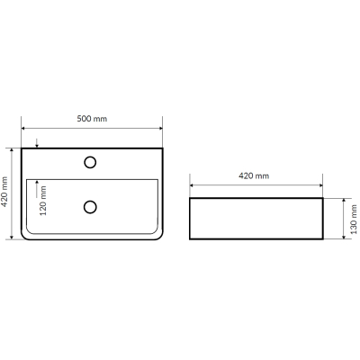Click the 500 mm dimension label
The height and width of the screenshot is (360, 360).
(92, 119)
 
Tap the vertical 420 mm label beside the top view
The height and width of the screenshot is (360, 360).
(4, 193)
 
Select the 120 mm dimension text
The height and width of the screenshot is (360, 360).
(43, 201)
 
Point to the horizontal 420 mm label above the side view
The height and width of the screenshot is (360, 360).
(254, 175)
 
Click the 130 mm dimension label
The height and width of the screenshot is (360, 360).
(354, 219)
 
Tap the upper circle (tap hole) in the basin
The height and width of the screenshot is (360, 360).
(90, 162)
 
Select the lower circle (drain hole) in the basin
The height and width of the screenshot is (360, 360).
(90, 207)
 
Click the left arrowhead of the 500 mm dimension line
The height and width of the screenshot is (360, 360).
(23, 129)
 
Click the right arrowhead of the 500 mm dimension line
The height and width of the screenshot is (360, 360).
(160, 129)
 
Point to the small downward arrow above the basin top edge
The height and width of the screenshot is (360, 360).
(37, 143)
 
